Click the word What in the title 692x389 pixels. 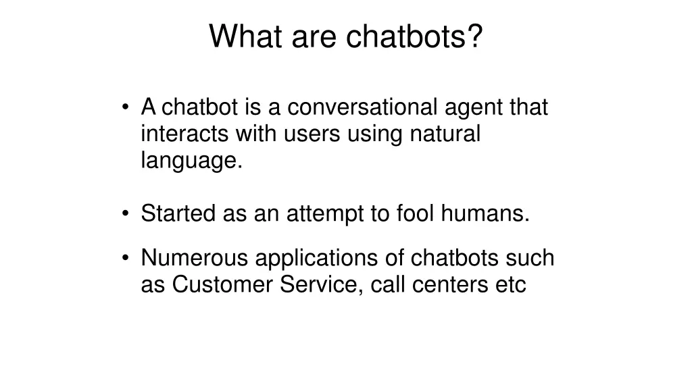246,36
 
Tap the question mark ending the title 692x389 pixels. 475,36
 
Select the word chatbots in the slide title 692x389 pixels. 405,36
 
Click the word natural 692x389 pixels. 445,134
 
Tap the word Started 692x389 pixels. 178,214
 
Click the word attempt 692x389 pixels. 324,215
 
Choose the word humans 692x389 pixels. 485,214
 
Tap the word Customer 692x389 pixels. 223,285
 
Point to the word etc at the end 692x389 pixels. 510,285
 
